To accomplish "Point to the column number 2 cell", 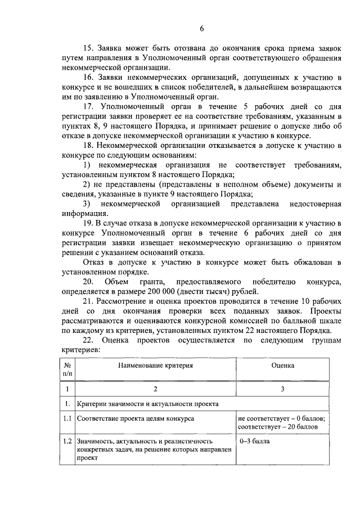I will coord(155,389).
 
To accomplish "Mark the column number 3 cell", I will coord(282,389).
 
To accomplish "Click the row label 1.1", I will coord(67,419).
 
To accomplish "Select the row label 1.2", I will coord(67,441).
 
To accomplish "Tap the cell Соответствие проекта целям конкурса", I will coord(136,419).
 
